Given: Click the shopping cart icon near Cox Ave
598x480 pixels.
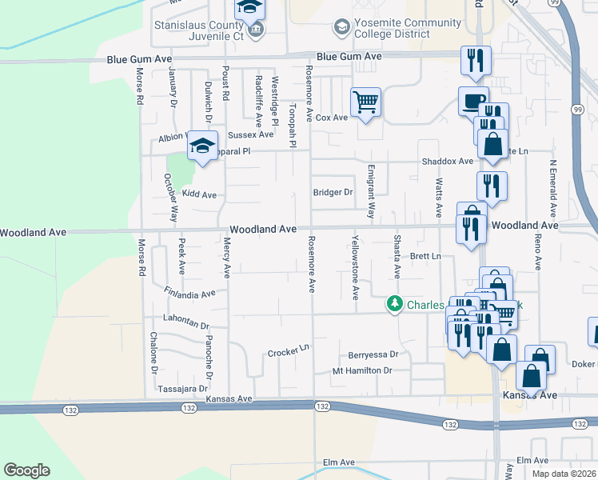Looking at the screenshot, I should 365,103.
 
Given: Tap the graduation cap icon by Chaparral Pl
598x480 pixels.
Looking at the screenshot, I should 203,147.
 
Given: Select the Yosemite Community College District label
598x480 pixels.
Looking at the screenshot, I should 393,29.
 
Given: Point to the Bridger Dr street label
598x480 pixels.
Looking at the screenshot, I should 333,193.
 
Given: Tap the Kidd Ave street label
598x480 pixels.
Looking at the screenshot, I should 199,194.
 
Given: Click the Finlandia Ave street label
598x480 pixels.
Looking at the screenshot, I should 189,293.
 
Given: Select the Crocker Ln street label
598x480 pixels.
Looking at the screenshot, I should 288,352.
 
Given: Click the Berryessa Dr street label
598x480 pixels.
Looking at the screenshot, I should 373,354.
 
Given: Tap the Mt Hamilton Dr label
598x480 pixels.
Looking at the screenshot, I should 363,371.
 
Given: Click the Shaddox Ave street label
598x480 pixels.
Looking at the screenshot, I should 448,162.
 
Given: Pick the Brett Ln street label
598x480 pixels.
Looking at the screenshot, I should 425,257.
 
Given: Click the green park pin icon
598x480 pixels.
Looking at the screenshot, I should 395,304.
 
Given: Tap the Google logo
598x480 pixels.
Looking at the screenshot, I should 26,470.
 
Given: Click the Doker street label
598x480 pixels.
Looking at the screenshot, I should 584,365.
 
